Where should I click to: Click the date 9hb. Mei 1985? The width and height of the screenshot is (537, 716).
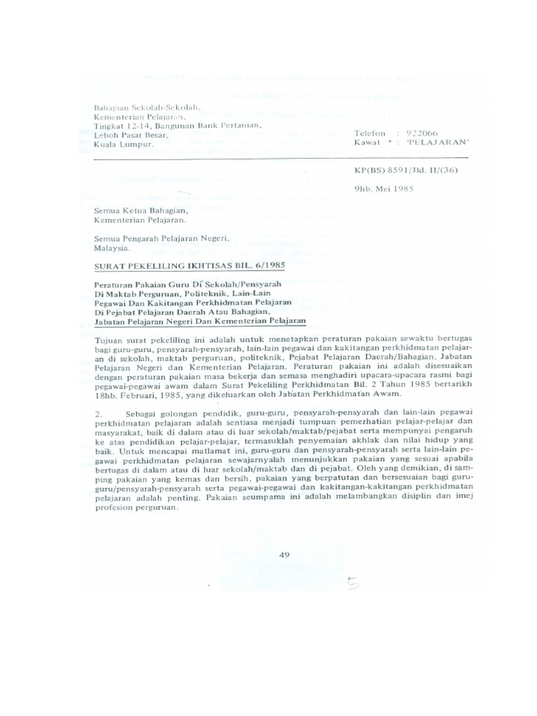(x=384, y=189)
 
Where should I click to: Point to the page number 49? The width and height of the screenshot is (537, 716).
(x=284, y=555)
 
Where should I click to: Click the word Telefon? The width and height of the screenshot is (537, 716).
(x=370, y=133)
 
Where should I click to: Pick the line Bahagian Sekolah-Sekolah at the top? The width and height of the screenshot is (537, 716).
(x=147, y=108)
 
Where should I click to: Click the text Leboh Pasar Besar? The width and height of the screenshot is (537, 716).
(x=131, y=135)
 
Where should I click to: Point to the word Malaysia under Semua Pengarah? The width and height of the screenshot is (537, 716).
(x=112, y=248)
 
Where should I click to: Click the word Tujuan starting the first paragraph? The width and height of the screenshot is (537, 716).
(x=109, y=338)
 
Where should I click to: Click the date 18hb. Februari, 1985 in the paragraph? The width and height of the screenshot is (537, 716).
(x=137, y=394)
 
